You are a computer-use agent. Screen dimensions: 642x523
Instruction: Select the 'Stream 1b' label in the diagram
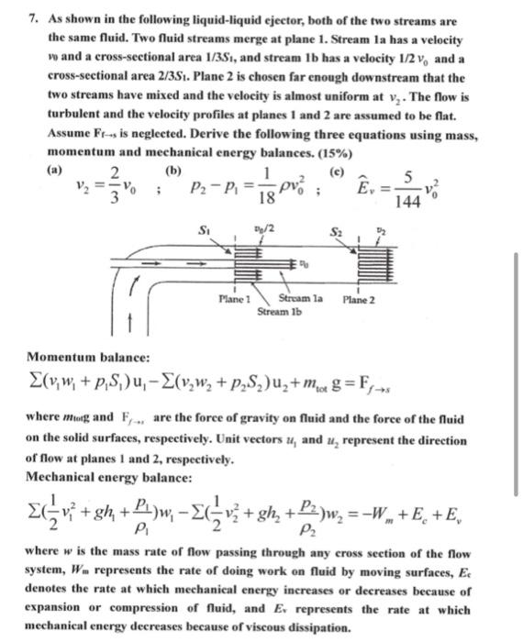[276, 311]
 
